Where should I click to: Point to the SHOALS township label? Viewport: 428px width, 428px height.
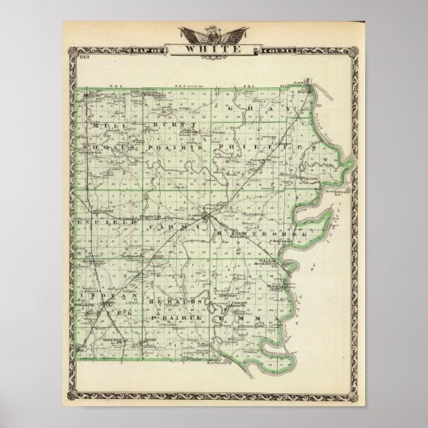[x=103, y=149]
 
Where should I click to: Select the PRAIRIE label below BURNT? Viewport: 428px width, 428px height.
[x=175, y=149]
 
